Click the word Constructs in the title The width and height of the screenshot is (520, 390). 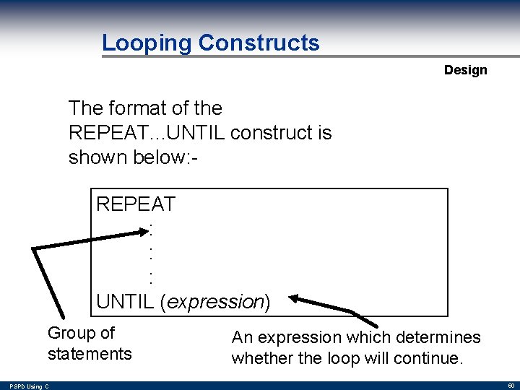click(x=259, y=43)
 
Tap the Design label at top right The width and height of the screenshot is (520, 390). click(x=465, y=70)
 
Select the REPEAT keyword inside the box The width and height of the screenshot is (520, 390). click(x=136, y=204)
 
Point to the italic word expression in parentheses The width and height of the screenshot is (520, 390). click(x=215, y=302)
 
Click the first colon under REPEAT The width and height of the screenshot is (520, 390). click(x=151, y=229)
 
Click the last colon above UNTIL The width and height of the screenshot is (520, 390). click(x=151, y=277)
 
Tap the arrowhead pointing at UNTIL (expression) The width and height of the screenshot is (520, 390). click(x=298, y=298)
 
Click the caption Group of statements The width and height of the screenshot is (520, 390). click(x=90, y=343)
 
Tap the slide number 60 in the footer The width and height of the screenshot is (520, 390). click(x=511, y=386)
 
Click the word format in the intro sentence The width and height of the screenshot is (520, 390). click(x=136, y=108)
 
